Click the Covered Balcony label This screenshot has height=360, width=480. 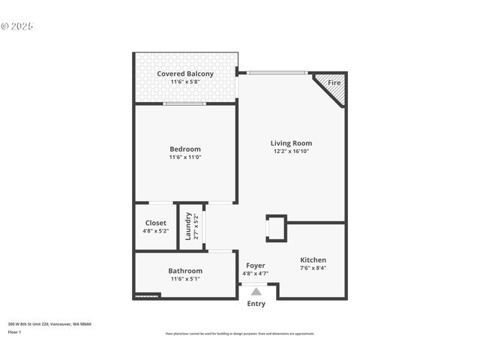click(x=185, y=73)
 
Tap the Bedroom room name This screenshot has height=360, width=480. click(x=185, y=149)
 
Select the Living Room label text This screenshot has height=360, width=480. click(x=291, y=143)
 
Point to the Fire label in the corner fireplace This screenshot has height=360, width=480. click(x=334, y=82)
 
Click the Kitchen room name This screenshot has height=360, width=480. click(x=313, y=259)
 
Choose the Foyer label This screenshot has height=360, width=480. click(x=256, y=265)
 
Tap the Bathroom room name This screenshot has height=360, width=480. click(x=185, y=271)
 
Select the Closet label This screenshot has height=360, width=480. click(x=156, y=223)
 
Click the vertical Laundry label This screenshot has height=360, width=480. click(x=188, y=226)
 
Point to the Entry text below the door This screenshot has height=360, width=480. click(x=256, y=304)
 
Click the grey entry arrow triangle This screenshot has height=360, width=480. click(x=256, y=291)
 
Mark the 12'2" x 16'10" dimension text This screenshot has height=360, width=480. click(x=291, y=151)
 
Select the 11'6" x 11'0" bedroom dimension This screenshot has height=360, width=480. click(x=185, y=157)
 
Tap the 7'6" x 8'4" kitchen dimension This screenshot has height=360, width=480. click(x=313, y=268)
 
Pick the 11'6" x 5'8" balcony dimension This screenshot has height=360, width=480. click(x=185, y=82)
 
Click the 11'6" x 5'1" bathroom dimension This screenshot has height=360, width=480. click(x=185, y=279)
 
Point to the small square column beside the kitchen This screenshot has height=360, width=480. click(x=276, y=228)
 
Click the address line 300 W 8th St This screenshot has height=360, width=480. click(x=49, y=324)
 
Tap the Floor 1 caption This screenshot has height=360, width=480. click(x=15, y=331)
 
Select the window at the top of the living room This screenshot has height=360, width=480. click(x=277, y=73)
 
